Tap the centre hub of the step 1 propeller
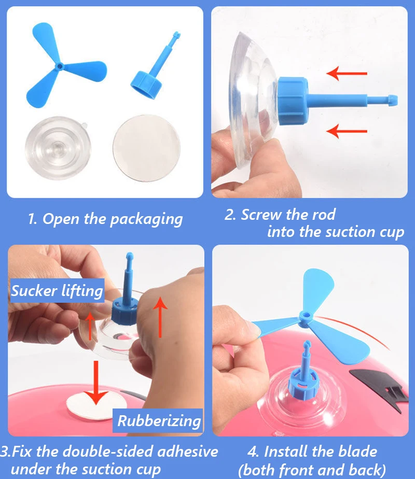60,66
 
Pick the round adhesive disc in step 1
146,148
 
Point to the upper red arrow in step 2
347,73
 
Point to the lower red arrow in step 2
347,131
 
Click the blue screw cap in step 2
292,101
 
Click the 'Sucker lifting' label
57,290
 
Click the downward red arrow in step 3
96,383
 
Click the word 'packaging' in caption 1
146,220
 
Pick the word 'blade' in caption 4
358,452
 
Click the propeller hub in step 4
304,316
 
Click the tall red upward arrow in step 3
160,318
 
